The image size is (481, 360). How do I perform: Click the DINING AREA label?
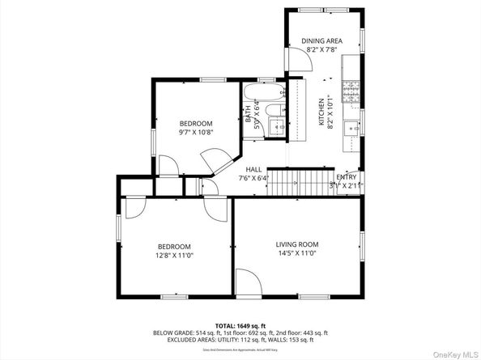321,40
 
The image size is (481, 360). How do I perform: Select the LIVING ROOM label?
296,244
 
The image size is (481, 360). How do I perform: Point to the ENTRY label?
346,177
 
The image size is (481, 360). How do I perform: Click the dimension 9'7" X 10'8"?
195,133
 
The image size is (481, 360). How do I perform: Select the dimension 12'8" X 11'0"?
174,256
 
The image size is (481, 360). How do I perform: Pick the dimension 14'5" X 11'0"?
296,254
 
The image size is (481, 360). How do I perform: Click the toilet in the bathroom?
274,111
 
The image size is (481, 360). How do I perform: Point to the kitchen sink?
351,127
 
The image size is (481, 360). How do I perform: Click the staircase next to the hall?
300,181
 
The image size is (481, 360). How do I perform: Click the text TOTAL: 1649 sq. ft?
240,324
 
